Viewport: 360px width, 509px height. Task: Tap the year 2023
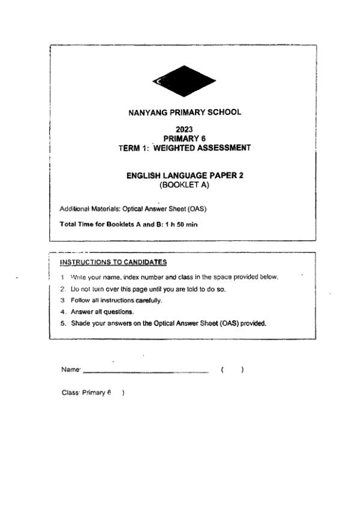pos(184,129)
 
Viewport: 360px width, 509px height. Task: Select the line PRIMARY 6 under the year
pos(184,138)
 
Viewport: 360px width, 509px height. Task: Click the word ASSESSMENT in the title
pos(226,147)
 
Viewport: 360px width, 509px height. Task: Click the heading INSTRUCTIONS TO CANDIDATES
pos(113,262)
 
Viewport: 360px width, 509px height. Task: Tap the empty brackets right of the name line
pos(232,370)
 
